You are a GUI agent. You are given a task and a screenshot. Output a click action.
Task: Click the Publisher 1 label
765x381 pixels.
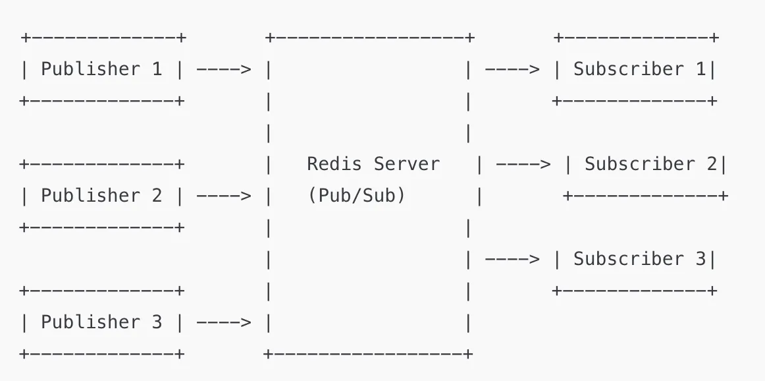[101, 69]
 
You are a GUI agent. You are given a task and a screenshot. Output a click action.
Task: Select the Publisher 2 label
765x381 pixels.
[101, 195]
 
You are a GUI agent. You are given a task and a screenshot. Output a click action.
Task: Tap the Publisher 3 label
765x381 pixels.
[101, 322]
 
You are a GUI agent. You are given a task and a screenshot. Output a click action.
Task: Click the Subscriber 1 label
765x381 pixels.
[639, 69]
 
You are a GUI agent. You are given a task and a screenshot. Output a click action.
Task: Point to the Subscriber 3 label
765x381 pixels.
[639, 258]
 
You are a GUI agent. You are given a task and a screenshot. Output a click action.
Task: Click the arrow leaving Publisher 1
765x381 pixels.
[224, 69]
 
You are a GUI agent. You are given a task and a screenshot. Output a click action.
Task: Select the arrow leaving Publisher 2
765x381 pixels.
[224, 195]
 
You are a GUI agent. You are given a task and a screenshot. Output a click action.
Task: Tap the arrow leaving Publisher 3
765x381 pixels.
[224, 322]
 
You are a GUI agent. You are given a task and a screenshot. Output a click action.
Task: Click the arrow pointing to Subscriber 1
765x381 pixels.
[512, 69]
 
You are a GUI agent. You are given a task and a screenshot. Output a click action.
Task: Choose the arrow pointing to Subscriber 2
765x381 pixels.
[523, 163]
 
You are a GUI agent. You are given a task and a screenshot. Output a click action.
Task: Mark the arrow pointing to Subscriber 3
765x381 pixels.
[512, 258]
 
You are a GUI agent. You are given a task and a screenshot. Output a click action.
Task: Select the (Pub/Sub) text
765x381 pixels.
[356, 195]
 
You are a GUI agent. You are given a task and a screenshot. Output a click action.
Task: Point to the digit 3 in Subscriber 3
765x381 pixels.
[700, 258]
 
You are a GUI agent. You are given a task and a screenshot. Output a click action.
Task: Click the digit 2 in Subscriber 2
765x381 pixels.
[711, 163]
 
